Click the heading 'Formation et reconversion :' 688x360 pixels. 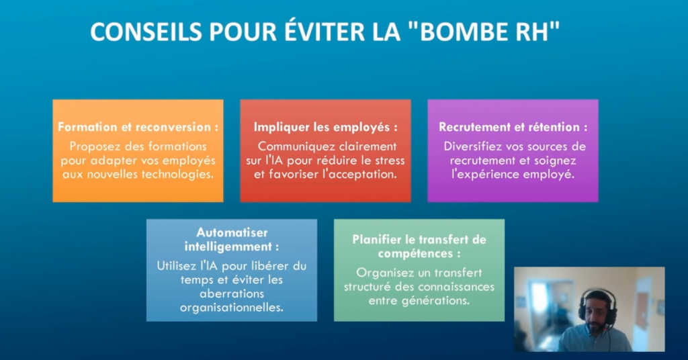click(x=138, y=127)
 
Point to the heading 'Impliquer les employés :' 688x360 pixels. click(x=326, y=127)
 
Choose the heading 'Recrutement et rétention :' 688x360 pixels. click(x=513, y=127)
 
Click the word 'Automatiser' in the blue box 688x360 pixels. click(x=232, y=232)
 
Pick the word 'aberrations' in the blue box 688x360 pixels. click(x=232, y=294)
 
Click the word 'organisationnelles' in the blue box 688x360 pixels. click(x=231, y=308)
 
